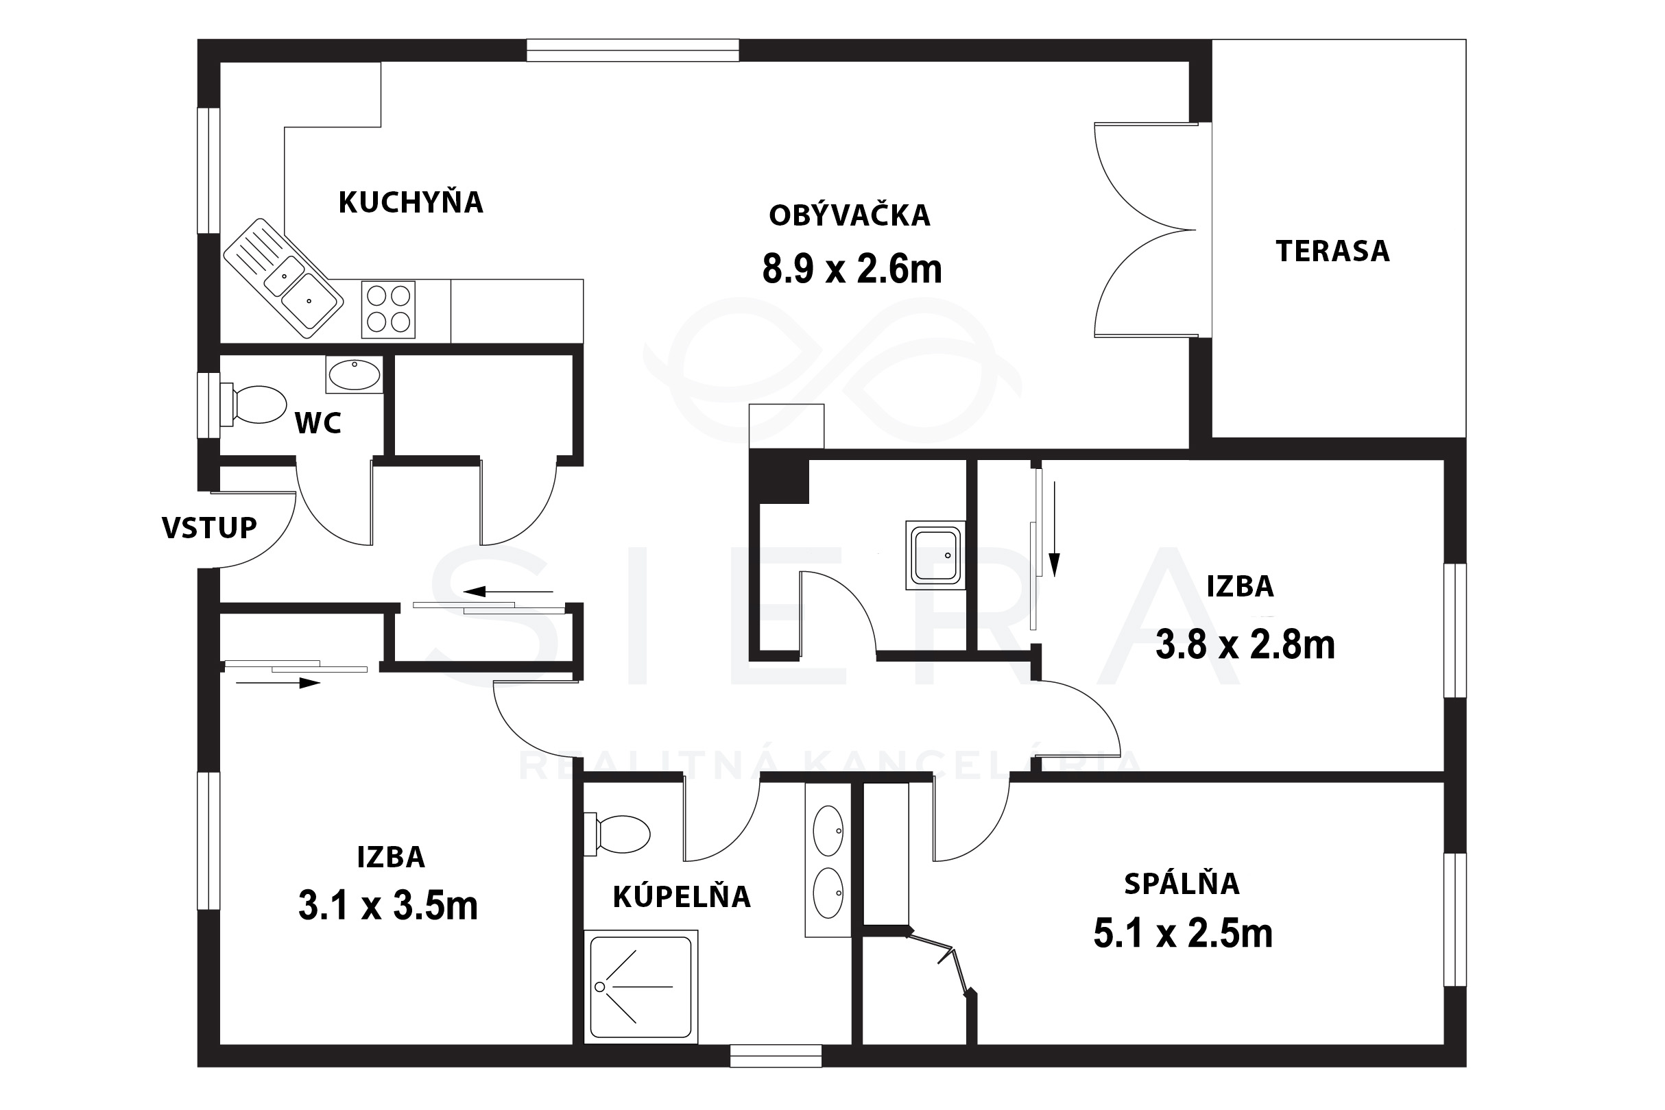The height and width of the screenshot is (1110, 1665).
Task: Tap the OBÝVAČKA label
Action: pyautogui.click(x=850, y=215)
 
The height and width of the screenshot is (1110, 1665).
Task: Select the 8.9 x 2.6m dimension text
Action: pyautogui.click(x=852, y=269)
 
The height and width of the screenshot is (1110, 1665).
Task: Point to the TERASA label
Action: pyautogui.click(x=1332, y=252)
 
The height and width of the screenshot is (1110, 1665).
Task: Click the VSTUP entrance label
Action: pyautogui.click(x=209, y=527)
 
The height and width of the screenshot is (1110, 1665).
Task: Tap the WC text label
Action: pyautogui.click(x=318, y=422)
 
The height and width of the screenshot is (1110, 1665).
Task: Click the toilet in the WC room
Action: pyautogui.click(x=254, y=405)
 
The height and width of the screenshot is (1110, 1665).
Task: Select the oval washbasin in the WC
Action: pyautogui.click(x=355, y=374)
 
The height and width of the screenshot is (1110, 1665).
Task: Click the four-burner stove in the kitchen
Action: pyautogui.click(x=388, y=309)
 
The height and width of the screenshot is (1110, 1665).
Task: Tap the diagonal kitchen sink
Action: pyautogui.click(x=283, y=278)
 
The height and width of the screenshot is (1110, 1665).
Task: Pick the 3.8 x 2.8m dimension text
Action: pyautogui.click(x=1245, y=645)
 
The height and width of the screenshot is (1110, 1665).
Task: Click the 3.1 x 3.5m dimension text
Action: pyautogui.click(x=388, y=906)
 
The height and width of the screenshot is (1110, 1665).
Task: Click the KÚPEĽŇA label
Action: pyautogui.click(x=681, y=896)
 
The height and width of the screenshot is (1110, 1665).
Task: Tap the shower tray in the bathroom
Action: pyautogui.click(x=640, y=987)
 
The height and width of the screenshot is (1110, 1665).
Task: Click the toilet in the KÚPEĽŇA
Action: pyautogui.click(x=617, y=833)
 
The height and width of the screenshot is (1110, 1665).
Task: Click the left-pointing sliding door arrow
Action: pyautogui.click(x=508, y=591)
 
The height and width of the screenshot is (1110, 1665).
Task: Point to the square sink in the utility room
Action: pyautogui.click(x=935, y=556)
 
